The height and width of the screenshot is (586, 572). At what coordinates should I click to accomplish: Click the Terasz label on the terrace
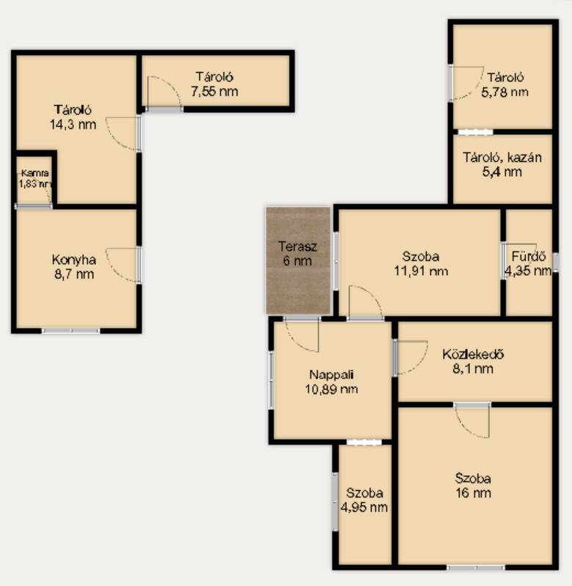point(298,246)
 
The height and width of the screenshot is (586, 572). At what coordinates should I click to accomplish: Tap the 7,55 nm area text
point(214,91)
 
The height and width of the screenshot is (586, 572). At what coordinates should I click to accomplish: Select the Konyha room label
point(74,260)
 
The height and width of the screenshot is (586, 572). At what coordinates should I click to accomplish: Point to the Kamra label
point(35,173)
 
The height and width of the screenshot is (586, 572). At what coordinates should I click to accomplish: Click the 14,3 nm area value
point(73,124)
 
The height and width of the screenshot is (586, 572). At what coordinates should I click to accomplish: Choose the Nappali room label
point(331,375)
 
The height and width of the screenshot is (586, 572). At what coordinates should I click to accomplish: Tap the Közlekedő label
point(473,354)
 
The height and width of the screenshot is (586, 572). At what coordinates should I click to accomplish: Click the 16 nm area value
point(473,493)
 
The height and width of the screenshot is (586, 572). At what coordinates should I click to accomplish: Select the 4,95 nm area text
point(364,507)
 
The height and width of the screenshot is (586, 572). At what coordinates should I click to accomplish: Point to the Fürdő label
point(529,257)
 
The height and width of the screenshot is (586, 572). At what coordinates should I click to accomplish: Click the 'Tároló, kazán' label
point(502,158)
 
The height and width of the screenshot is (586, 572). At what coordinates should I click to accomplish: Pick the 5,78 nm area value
point(505,92)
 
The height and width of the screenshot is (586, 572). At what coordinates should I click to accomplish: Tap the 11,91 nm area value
point(421,271)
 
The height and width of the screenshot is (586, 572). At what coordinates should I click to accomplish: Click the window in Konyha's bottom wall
point(70,330)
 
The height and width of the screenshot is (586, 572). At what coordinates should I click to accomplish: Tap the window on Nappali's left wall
point(271,380)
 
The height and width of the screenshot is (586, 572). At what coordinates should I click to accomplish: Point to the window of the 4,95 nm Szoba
point(335,502)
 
